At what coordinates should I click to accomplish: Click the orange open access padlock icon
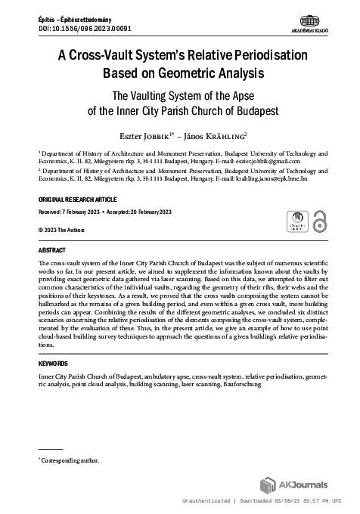click(x=319, y=221)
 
